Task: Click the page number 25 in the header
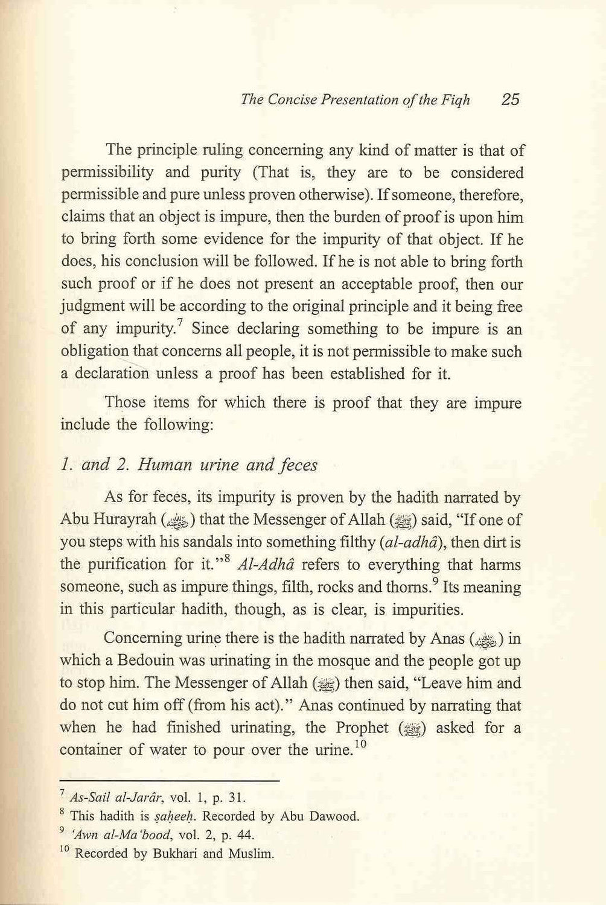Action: (509, 100)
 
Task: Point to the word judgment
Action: (96, 307)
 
